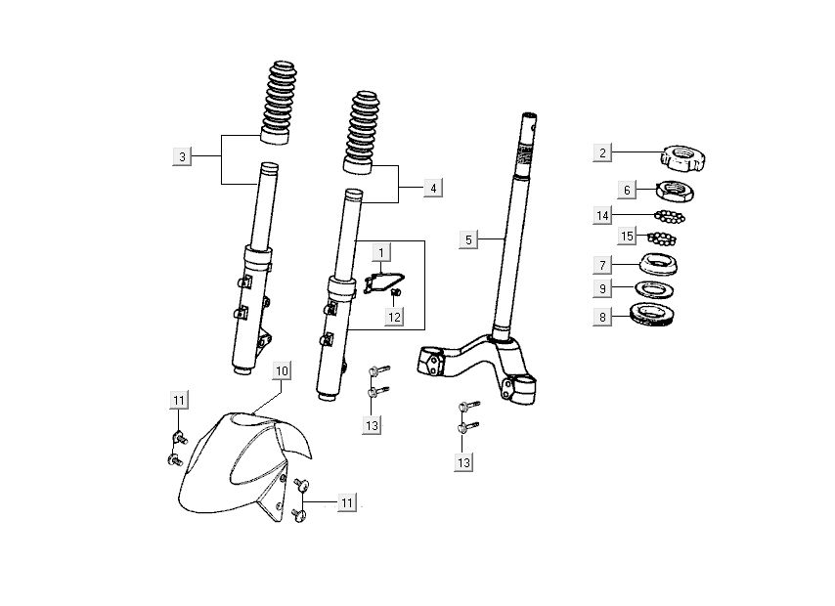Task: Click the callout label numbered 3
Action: pyautogui.click(x=181, y=156)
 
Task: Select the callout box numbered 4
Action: pyautogui.click(x=433, y=188)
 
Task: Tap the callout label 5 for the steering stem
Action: pyautogui.click(x=468, y=239)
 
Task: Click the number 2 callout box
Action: pyautogui.click(x=603, y=152)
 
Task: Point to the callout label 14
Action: pyautogui.click(x=603, y=214)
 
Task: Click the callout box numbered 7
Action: pyautogui.click(x=603, y=265)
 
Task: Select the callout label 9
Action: pyautogui.click(x=603, y=289)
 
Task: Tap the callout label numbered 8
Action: pyautogui.click(x=603, y=316)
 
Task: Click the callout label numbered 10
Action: pyautogui.click(x=281, y=370)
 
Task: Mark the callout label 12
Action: pyautogui.click(x=393, y=317)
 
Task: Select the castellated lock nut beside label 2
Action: pyautogui.click(x=683, y=155)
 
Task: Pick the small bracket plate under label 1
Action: pyautogui.click(x=380, y=281)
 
